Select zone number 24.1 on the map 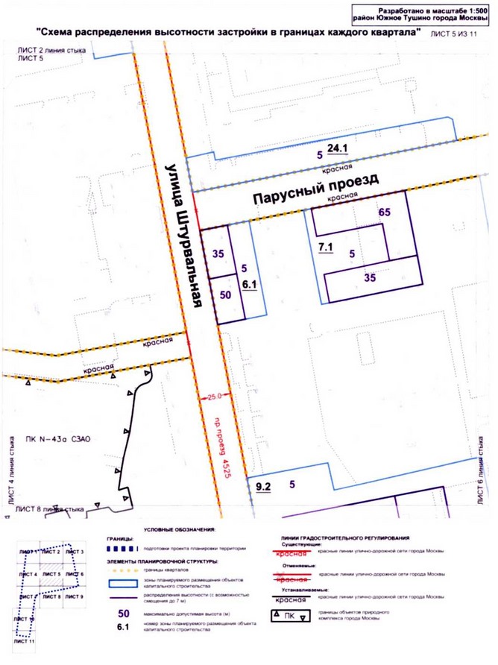point(338,149)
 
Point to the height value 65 point(385,212)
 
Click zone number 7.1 point(325,247)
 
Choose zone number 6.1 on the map point(249,284)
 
